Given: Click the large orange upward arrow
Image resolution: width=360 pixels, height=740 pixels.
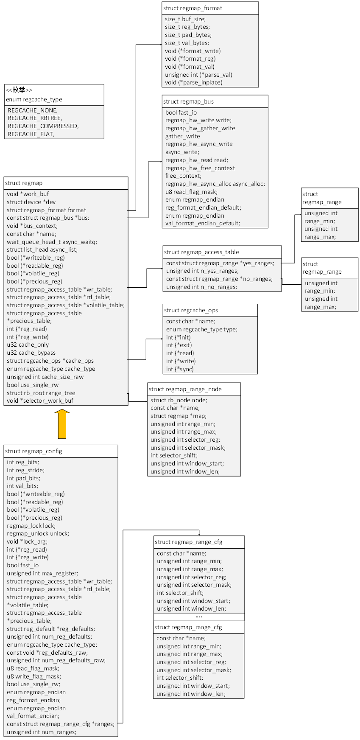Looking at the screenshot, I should point(62,424).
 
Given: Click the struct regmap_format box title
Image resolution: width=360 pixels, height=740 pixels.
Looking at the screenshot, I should point(193,8).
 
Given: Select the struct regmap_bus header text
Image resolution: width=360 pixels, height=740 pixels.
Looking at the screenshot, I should point(188,101).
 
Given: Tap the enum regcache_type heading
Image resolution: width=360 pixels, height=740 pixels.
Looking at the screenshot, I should point(34,99).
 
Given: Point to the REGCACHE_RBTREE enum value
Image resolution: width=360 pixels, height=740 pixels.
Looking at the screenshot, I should point(35,118).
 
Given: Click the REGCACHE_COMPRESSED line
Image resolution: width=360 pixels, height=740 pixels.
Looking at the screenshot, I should point(43,126).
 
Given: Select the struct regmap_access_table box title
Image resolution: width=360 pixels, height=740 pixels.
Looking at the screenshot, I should point(201,252).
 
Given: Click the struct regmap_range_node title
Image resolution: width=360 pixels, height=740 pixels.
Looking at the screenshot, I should point(185,389).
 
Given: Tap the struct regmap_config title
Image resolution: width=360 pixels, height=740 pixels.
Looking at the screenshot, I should point(33,451).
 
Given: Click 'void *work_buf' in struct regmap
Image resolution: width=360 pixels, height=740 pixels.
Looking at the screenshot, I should point(28,194).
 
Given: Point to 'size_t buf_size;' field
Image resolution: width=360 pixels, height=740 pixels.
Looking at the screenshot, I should point(185,19).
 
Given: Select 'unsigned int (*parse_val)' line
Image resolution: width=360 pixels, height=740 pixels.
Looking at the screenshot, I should point(198,75).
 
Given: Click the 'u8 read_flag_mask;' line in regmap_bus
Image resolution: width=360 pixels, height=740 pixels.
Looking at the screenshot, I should point(191,192).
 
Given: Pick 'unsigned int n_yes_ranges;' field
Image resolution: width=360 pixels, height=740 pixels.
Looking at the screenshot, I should point(202,271).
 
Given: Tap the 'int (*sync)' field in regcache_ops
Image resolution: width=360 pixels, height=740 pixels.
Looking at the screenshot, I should point(180,369).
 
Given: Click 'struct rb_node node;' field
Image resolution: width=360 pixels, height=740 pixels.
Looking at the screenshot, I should point(179,400).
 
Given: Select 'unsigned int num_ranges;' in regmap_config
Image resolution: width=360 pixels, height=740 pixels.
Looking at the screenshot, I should point(42,732).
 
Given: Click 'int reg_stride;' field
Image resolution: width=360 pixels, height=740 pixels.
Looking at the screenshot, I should point(25,470).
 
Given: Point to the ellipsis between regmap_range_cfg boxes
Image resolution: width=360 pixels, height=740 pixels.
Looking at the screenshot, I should point(199,617).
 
